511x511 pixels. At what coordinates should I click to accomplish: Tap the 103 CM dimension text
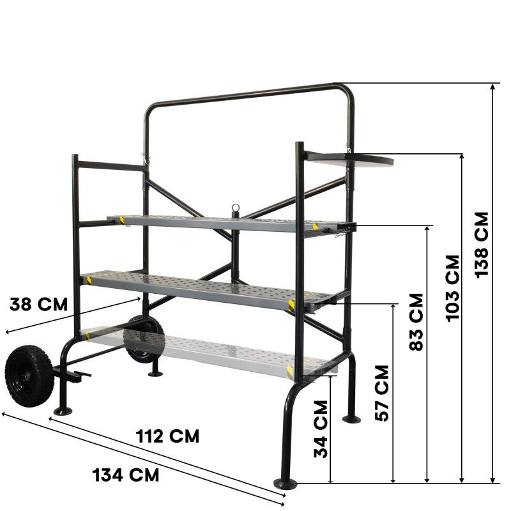[x=453, y=287]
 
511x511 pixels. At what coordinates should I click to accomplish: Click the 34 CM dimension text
[x=321, y=429]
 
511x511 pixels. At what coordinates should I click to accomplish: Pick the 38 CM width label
[x=38, y=303]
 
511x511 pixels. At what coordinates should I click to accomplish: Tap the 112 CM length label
[x=167, y=436]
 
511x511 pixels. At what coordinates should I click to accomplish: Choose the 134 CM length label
[x=126, y=475]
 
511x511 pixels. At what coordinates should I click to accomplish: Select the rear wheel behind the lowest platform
[x=144, y=339]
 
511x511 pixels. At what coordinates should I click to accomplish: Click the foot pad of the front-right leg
[x=284, y=484]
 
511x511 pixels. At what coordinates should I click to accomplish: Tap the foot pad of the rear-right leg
[x=351, y=419]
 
